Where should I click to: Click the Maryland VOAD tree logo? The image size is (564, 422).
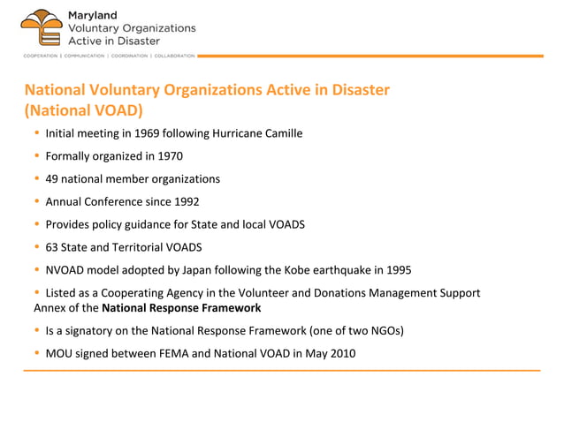41,27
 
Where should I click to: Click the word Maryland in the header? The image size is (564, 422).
92,15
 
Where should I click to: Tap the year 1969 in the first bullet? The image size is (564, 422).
148,133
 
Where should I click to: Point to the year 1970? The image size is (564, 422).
170,156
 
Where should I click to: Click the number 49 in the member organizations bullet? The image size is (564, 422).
52,179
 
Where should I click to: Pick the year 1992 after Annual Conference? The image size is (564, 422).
187,201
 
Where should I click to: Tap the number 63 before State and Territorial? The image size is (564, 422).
52,247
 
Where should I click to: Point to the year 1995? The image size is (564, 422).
398,269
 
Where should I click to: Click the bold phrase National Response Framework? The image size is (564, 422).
181,308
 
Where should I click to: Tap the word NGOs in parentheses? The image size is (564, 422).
391,331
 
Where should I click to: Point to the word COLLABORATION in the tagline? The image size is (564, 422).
175,56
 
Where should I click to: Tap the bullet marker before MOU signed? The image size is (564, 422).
37,354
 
